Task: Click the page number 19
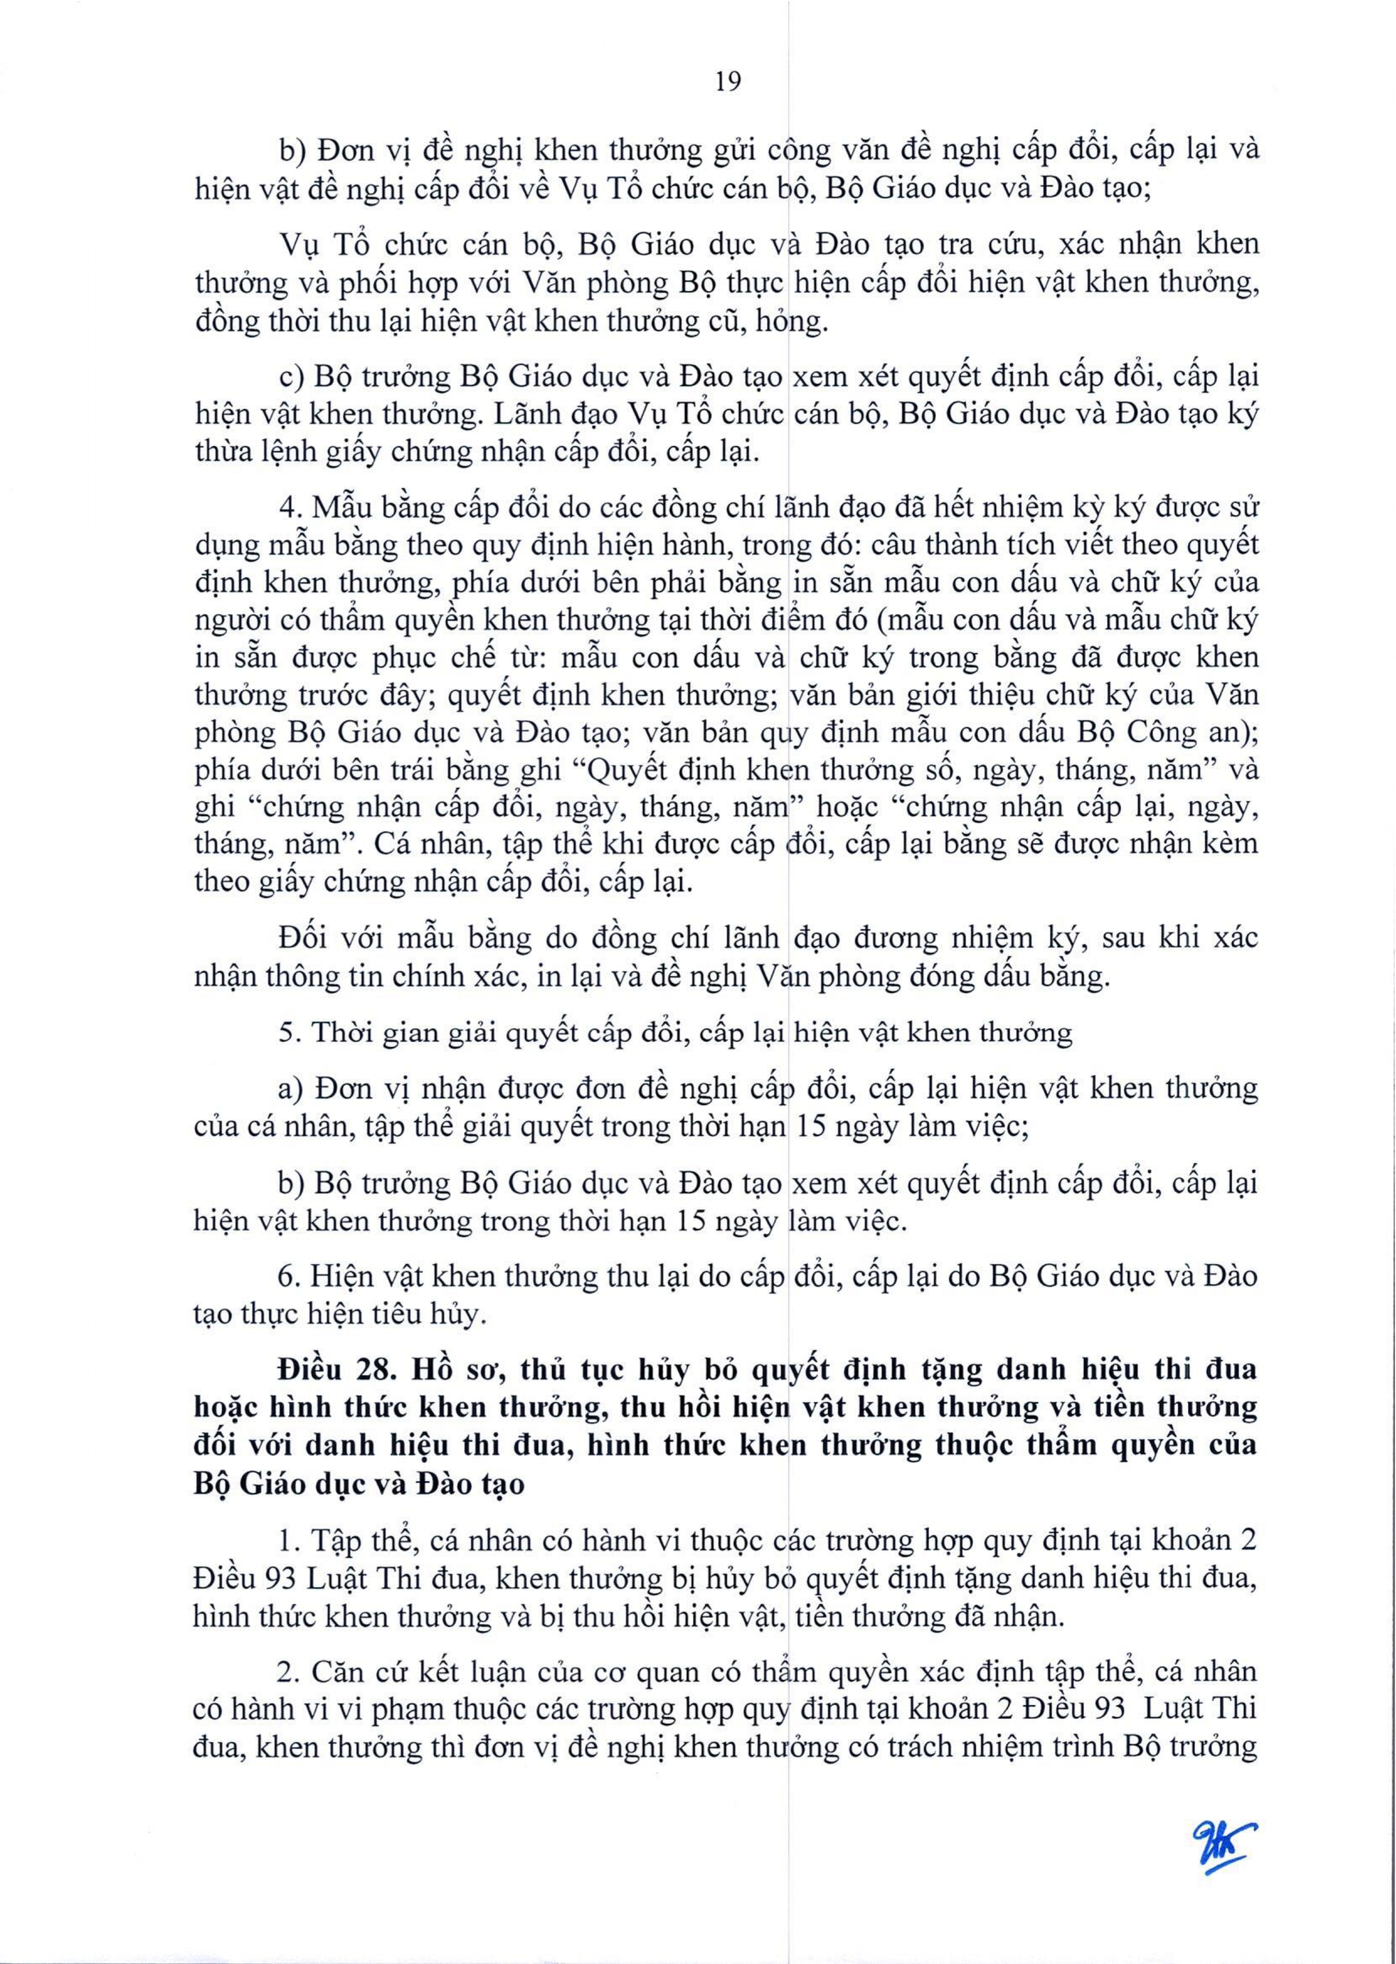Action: (727, 82)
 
